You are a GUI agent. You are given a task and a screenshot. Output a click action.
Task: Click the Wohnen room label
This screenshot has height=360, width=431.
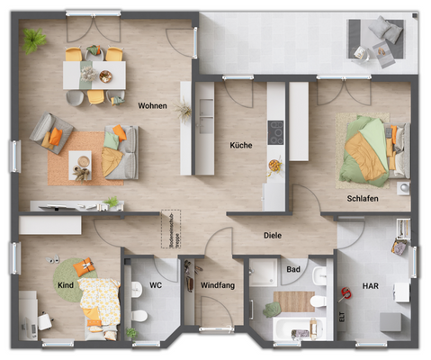[152, 105]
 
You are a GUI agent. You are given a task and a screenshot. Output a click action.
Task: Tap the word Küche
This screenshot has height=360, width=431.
[240, 144]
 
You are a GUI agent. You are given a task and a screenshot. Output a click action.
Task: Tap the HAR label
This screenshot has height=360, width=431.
[370, 285]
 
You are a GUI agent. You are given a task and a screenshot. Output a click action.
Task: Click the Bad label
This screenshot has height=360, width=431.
[292, 268]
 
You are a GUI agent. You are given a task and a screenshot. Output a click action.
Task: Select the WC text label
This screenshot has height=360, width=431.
[155, 285]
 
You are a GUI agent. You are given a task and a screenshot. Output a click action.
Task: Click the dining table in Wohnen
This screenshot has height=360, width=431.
[94, 74]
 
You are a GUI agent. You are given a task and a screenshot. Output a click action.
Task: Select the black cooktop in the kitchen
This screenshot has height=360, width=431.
[275, 130]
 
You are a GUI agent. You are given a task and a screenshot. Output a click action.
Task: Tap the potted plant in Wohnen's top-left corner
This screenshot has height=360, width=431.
[36, 39]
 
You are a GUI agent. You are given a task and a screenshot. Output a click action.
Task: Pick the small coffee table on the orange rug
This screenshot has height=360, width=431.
[80, 163]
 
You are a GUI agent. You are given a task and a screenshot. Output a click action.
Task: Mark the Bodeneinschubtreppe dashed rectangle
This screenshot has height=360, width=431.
[167, 229]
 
